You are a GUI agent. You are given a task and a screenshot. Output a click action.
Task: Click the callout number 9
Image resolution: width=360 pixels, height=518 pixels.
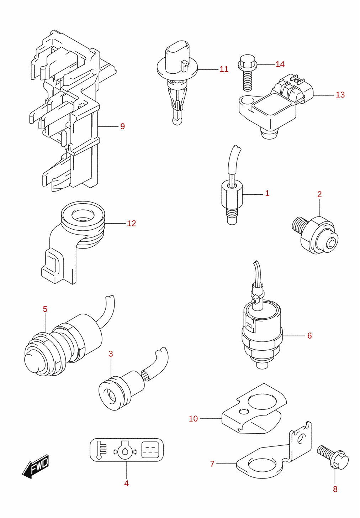(122, 126)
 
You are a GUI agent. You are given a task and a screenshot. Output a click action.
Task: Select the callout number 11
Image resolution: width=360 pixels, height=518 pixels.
(224, 69)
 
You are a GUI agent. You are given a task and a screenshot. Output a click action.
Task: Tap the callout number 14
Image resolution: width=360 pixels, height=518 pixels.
(280, 64)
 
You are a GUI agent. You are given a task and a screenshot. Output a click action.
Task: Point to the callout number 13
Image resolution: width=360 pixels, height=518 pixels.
(340, 95)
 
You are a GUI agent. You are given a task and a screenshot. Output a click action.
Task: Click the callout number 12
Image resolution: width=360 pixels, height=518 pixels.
(131, 223)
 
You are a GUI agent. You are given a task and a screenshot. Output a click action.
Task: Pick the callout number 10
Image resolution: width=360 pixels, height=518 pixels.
(193, 419)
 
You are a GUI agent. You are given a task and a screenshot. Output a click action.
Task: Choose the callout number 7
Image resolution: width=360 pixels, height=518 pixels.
(212, 464)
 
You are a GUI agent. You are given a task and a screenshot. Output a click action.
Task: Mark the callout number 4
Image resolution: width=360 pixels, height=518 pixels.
(126, 483)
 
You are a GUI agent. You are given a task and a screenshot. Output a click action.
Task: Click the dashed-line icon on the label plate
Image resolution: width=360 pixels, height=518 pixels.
(150, 450)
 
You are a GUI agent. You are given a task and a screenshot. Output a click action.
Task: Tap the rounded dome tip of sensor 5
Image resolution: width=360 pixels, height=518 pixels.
(33, 363)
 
